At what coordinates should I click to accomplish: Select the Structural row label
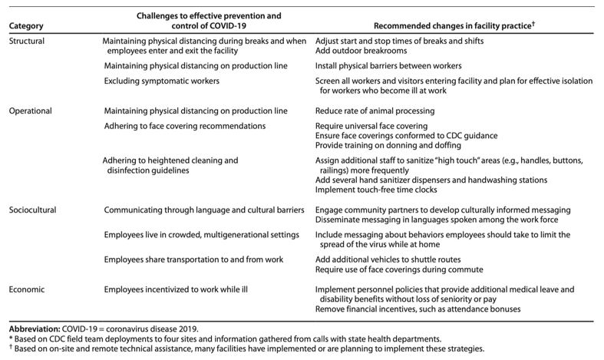[26, 40]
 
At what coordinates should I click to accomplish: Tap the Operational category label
[30, 111]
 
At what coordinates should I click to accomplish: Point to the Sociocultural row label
[32, 210]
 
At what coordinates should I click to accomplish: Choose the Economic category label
[27, 289]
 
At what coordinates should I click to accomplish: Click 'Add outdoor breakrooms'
[367, 51]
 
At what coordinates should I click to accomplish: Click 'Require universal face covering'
[378, 125]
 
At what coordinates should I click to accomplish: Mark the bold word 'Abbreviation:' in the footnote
[34, 329]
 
